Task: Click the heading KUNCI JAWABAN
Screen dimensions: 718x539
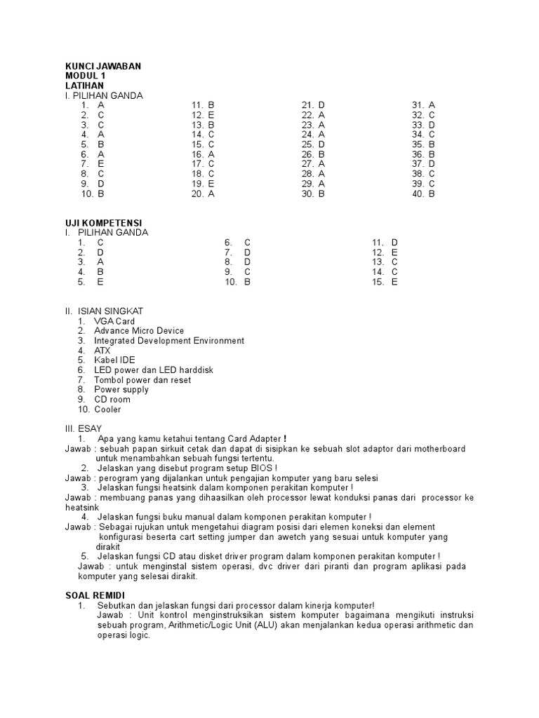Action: pos(102,66)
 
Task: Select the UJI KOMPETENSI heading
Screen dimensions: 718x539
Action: pos(103,223)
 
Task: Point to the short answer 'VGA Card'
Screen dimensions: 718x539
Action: pos(114,321)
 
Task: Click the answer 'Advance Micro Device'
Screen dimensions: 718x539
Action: pos(139,331)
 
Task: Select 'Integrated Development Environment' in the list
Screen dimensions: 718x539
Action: pos(169,341)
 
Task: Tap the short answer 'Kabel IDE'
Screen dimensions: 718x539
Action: pos(114,360)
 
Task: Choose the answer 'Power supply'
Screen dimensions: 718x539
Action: pos(121,390)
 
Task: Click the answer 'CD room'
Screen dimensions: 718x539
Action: pos(112,400)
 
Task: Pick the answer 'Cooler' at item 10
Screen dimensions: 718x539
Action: pos(107,409)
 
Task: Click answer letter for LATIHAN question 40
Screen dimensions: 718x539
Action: pos(432,194)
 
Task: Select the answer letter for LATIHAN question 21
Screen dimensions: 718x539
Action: pos(321,105)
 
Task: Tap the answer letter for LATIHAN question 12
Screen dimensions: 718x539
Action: pos(211,115)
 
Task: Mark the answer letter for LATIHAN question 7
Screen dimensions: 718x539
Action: pos(101,164)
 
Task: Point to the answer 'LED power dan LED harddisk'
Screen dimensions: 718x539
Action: pos(154,370)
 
